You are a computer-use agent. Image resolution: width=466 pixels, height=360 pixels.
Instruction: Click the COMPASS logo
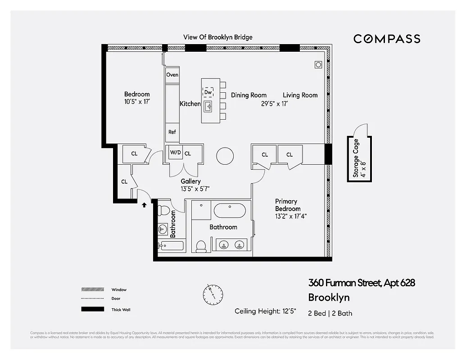click(387, 39)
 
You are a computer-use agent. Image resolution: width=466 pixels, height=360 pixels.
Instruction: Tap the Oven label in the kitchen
click(172, 75)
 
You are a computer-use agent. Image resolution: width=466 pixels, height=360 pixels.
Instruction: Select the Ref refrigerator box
click(172, 132)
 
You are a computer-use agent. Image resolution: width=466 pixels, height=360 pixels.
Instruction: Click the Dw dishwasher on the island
click(208, 92)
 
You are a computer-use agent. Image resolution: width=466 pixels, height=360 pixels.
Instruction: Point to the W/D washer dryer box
click(175, 153)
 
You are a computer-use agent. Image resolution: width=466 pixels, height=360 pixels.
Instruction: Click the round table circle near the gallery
click(225, 156)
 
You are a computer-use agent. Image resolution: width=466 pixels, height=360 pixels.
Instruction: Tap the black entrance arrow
click(144, 205)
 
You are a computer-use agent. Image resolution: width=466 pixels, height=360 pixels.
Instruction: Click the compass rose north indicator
click(212, 294)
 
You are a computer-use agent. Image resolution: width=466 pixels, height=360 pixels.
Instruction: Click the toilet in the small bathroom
click(164, 210)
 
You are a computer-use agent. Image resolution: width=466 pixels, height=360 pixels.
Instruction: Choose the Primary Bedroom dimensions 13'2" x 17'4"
click(291, 216)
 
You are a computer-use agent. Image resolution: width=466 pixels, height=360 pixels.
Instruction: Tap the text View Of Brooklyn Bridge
click(217, 37)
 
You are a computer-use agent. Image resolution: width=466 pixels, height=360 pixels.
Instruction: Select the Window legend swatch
click(92, 289)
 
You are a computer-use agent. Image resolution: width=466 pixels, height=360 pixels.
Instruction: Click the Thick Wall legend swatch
click(92, 309)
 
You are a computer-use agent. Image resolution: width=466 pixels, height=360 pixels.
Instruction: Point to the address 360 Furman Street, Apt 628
click(361, 283)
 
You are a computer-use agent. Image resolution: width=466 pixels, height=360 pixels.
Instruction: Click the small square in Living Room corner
click(318, 64)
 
